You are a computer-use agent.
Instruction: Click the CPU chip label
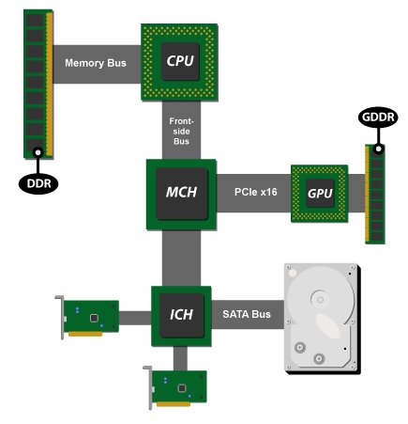[180, 61]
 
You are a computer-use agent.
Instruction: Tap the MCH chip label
[181, 192]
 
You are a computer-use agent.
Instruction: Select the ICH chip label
[181, 314]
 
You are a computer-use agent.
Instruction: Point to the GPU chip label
[320, 194]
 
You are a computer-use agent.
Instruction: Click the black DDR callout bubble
[38, 183]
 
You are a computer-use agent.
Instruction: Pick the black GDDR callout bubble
[378, 118]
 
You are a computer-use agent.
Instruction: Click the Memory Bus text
[96, 63]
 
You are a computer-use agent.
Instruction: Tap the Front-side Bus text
[181, 132]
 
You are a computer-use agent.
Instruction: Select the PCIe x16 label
[256, 192]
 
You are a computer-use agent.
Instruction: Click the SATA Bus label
[247, 314]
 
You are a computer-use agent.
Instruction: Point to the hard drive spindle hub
[320, 300]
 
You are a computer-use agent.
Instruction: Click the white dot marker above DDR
[38, 152]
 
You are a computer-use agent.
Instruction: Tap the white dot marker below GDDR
[378, 149]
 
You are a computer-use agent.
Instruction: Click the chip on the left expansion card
[94, 318]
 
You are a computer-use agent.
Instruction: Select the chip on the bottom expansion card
[182, 388]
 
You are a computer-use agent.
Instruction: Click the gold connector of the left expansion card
[85, 334]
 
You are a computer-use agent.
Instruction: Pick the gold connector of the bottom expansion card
[174, 404]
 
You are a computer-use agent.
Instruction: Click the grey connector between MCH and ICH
[181, 259]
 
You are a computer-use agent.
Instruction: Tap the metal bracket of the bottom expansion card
[148, 387]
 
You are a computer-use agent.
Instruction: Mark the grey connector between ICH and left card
[135, 318]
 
